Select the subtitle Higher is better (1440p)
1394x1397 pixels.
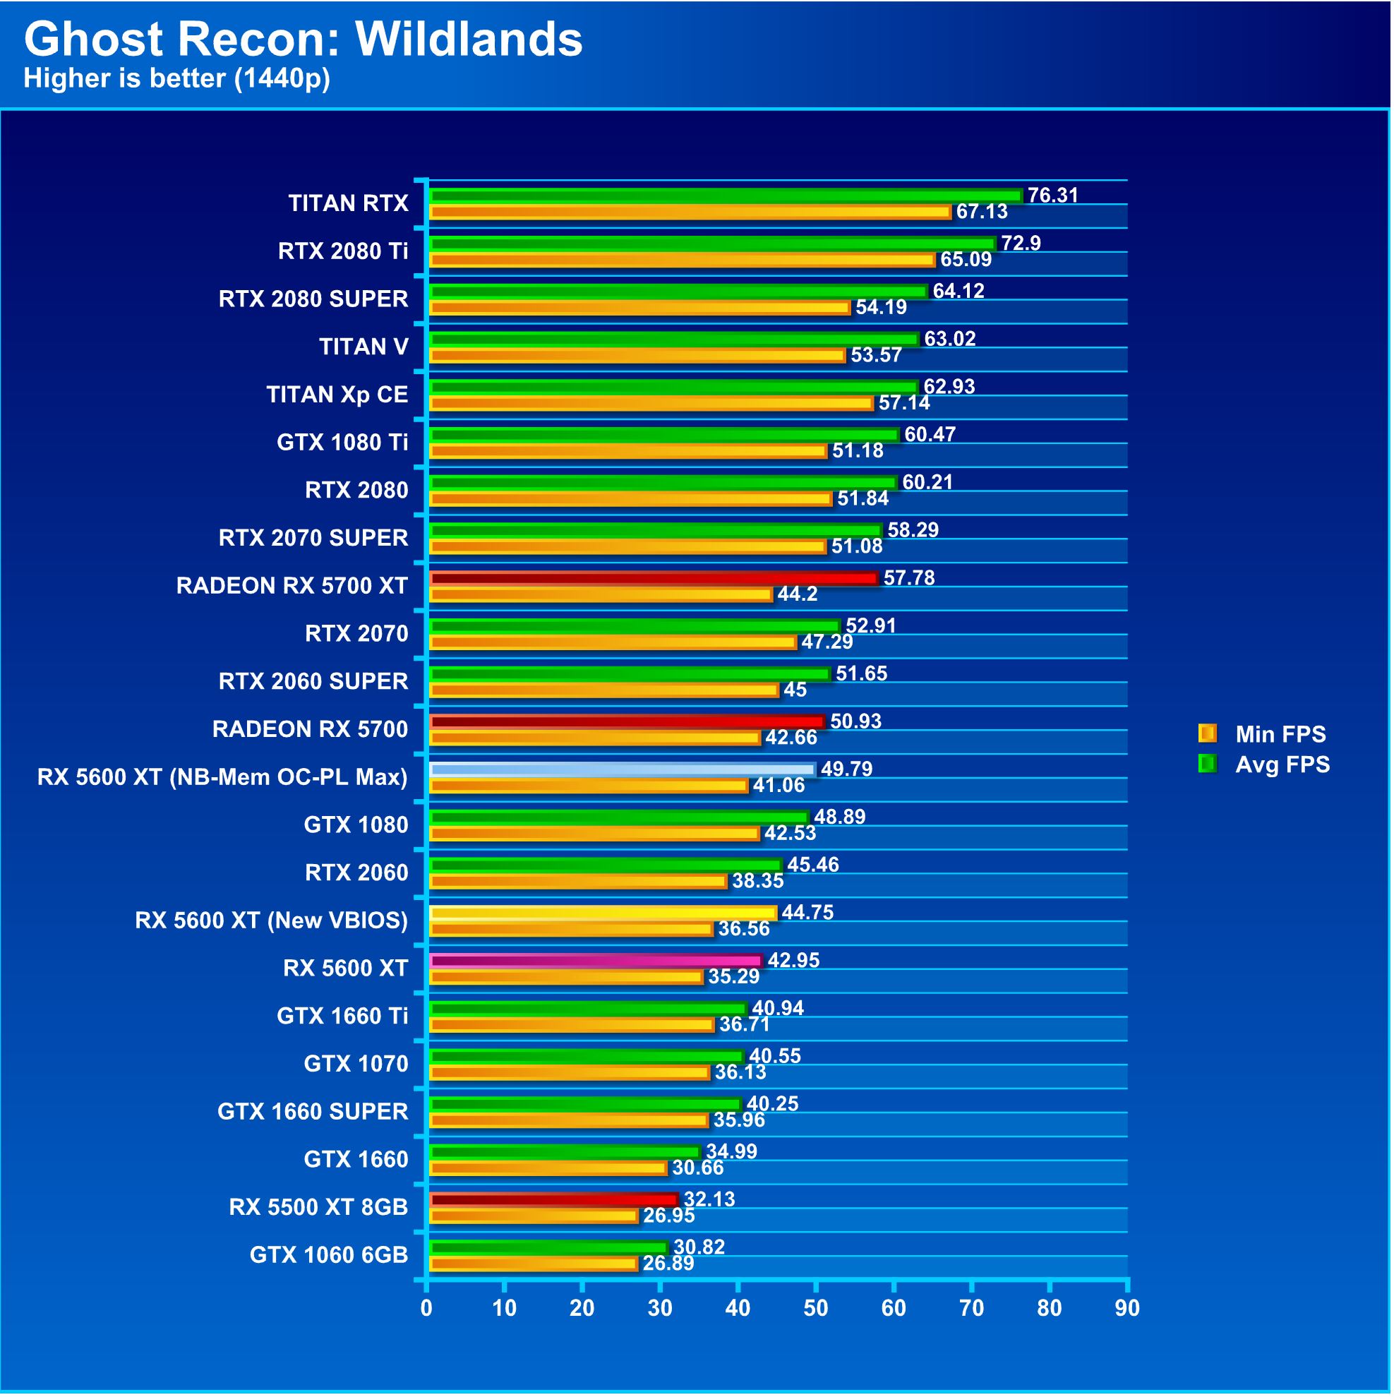(176, 78)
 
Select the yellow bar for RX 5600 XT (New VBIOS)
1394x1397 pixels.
(603, 913)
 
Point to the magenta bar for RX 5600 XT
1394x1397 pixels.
(596, 961)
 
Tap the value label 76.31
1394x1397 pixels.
(1052, 196)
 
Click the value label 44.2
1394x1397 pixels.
(797, 594)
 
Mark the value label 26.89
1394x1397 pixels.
(668, 1263)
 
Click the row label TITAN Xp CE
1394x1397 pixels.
(337, 395)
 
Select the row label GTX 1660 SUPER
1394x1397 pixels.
(313, 1111)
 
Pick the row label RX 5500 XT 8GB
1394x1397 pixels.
(318, 1207)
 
